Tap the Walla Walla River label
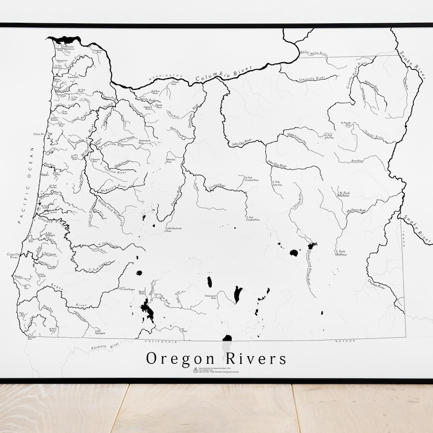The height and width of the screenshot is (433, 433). tap(313, 53)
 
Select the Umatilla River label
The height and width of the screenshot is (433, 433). tap(311, 79)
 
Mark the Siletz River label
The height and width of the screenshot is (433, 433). tap(41, 134)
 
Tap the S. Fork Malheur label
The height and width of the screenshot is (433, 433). tap(340, 253)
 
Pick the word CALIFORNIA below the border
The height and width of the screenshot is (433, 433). tap(160, 342)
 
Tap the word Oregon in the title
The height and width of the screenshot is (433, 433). tap(179, 359)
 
